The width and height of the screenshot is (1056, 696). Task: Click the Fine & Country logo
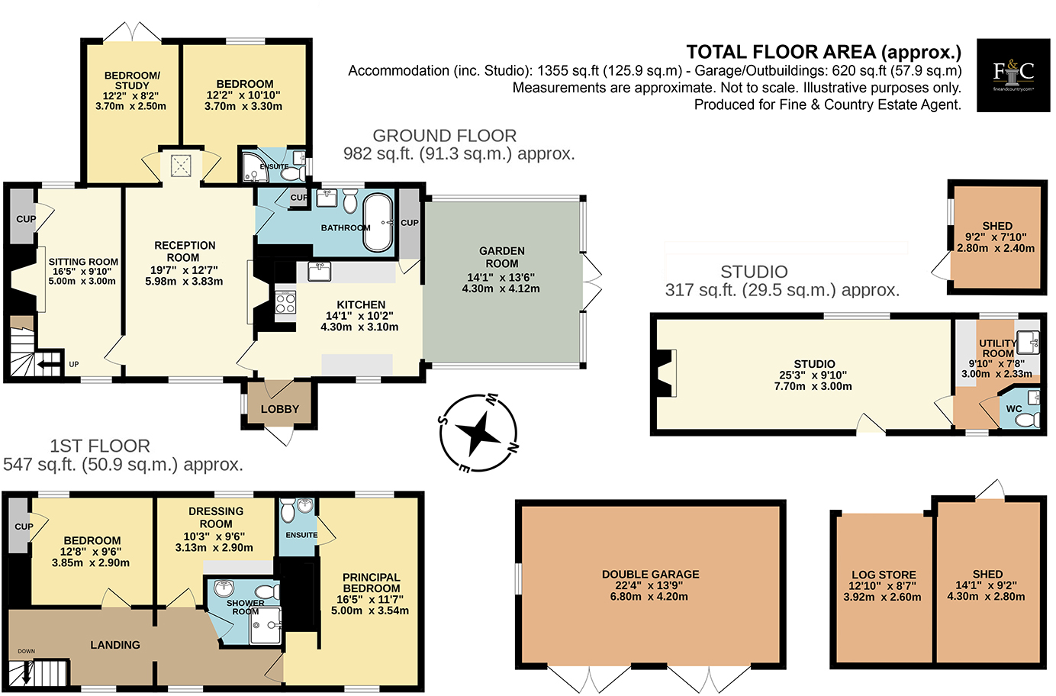point(1013,75)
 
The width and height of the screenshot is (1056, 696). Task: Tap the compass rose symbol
point(478,433)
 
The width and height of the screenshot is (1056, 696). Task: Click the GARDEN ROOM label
point(501,256)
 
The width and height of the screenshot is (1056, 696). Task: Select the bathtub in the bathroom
point(378,222)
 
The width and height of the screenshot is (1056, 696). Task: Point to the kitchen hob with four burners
point(285,303)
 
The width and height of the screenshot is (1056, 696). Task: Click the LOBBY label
point(280,409)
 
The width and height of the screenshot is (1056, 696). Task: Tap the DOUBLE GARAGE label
point(650,575)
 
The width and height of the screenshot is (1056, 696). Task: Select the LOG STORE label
point(884,575)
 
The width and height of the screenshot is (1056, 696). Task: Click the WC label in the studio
point(1013,409)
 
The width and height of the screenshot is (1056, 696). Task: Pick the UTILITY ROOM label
point(997,348)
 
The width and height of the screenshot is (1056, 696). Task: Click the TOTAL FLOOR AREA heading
point(823,52)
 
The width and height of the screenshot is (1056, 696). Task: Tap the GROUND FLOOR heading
point(444,136)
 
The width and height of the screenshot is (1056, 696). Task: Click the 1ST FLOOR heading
point(100,446)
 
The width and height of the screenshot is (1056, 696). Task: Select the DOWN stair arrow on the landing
point(27,672)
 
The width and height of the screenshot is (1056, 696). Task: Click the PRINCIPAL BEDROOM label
point(371,583)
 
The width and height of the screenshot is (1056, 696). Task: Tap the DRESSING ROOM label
point(216,517)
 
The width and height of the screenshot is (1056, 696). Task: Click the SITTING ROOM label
point(83,262)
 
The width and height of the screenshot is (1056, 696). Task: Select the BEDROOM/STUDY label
point(132,80)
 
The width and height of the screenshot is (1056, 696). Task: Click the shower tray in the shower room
point(265,626)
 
